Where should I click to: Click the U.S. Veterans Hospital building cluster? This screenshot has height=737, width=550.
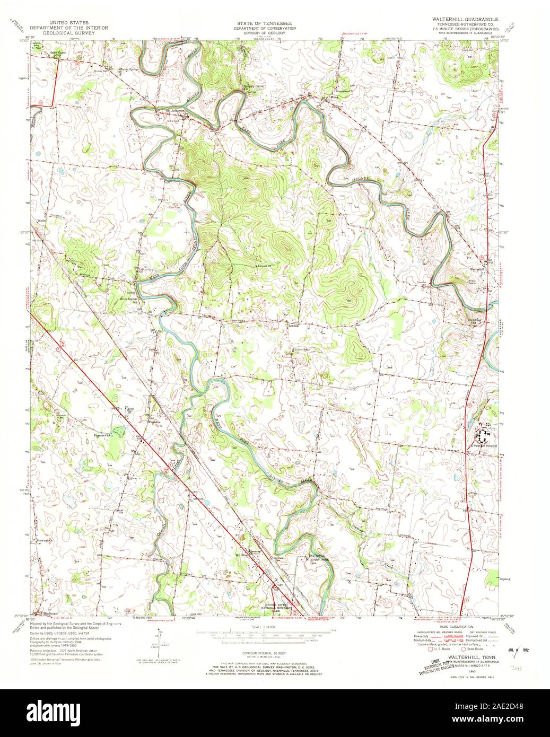click(x=482, y=436)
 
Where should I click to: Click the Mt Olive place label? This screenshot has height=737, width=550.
click(x=241, y=555)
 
